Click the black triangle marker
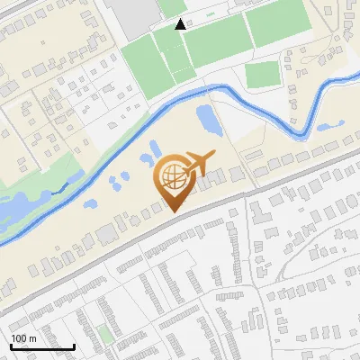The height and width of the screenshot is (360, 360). coord(181,24)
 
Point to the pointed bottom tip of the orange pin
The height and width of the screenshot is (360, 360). coord(172,211)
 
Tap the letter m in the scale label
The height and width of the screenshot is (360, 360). coord(32,338)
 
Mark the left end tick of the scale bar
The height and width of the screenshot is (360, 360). coord(10,346)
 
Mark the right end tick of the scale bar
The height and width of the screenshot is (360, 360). coord(74,346)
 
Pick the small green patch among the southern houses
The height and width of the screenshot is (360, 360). coord(106,334)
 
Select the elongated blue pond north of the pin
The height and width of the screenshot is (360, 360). coord(206,117)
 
